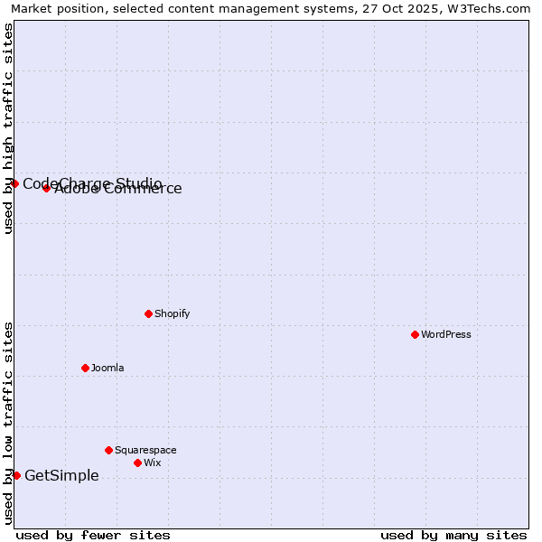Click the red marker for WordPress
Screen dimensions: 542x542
pos(415,334)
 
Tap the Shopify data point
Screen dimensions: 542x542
pos(148,313)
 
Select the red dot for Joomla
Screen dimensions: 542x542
pos(85,368)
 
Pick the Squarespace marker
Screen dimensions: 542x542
pos(108,450)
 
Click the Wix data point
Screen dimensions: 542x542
pos(137,463)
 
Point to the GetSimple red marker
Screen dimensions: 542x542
pos(16,475)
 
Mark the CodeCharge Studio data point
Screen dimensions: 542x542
pos(14,183)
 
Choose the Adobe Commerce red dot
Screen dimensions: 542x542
pos(46,188)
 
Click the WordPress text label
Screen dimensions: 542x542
pos(446,334)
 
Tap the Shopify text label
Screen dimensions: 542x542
pos(172,313)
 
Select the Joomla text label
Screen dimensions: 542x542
pos(107,368)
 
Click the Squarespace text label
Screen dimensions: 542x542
pos(145,450)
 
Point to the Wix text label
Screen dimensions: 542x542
pos(152,463)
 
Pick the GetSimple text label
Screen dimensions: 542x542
pos(61,476)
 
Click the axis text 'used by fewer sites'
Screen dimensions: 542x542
pos(93,535)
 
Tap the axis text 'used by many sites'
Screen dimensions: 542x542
pos(453,535)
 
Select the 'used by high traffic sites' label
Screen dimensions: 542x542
pos(8,128)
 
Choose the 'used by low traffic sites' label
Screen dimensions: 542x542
pos(8,423)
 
